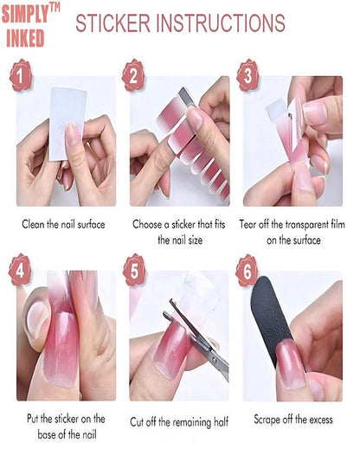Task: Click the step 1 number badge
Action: [20, 75]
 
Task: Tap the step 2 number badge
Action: [133, 75]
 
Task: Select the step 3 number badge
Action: [247, 75]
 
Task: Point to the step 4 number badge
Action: [20, 270]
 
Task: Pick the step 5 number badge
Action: [134, 270]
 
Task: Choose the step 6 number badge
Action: [247, 271]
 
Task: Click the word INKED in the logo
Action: [25, 38]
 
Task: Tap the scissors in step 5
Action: [197, 340]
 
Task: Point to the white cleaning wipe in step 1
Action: [67, 124]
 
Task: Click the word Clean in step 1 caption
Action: [33, 224]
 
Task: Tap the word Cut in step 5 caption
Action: [137, 422]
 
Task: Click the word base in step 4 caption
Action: [48, 434]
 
